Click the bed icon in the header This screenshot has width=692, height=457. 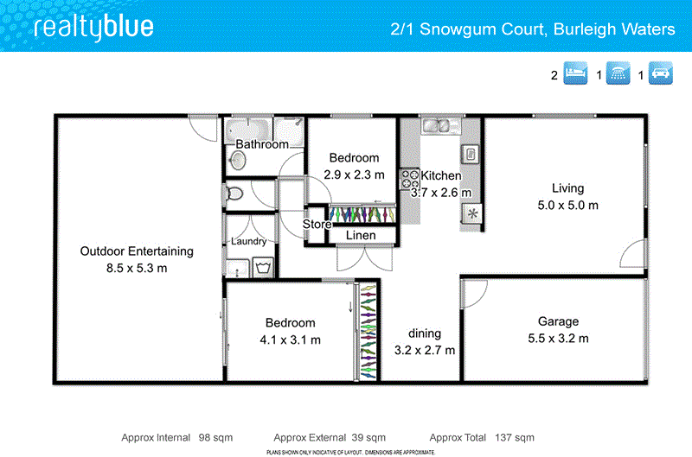tap(575, 74)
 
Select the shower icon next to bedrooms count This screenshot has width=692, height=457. tap(618, 74)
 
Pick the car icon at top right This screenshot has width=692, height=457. tap(660, 74)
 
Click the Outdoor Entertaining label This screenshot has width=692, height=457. tap(137, 251)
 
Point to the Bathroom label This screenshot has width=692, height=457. tap(262, 144)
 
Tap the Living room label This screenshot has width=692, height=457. tap(568, 188)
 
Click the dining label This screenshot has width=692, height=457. tap(425, 333)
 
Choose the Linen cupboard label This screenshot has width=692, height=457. tap(361, 235)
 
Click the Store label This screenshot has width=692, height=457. tap(317, 225)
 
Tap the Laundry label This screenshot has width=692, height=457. tap(249, 241)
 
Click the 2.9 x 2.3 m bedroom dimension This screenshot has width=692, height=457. tap(354, 175)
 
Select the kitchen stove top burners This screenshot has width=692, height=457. tap(408, 179)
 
